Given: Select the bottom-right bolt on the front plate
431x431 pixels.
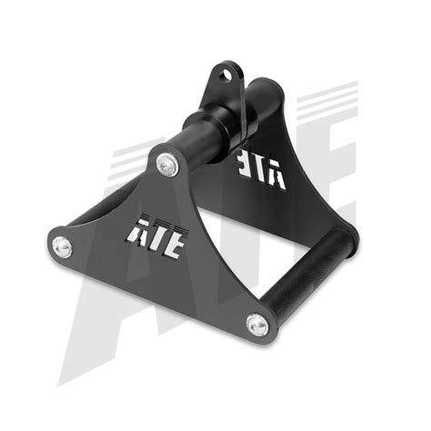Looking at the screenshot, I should [257, 322].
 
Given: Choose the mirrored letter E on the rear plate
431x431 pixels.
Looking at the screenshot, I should [248, 174].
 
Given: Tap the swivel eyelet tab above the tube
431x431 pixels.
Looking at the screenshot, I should [224, 82].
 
